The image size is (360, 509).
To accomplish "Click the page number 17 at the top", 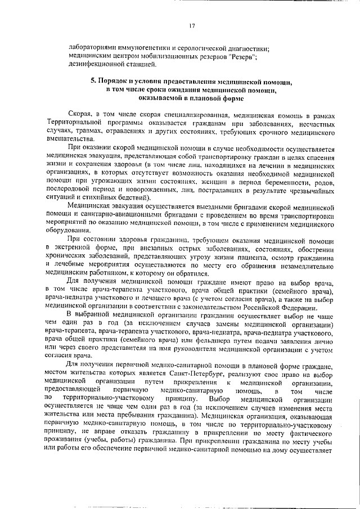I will (192, 25).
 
